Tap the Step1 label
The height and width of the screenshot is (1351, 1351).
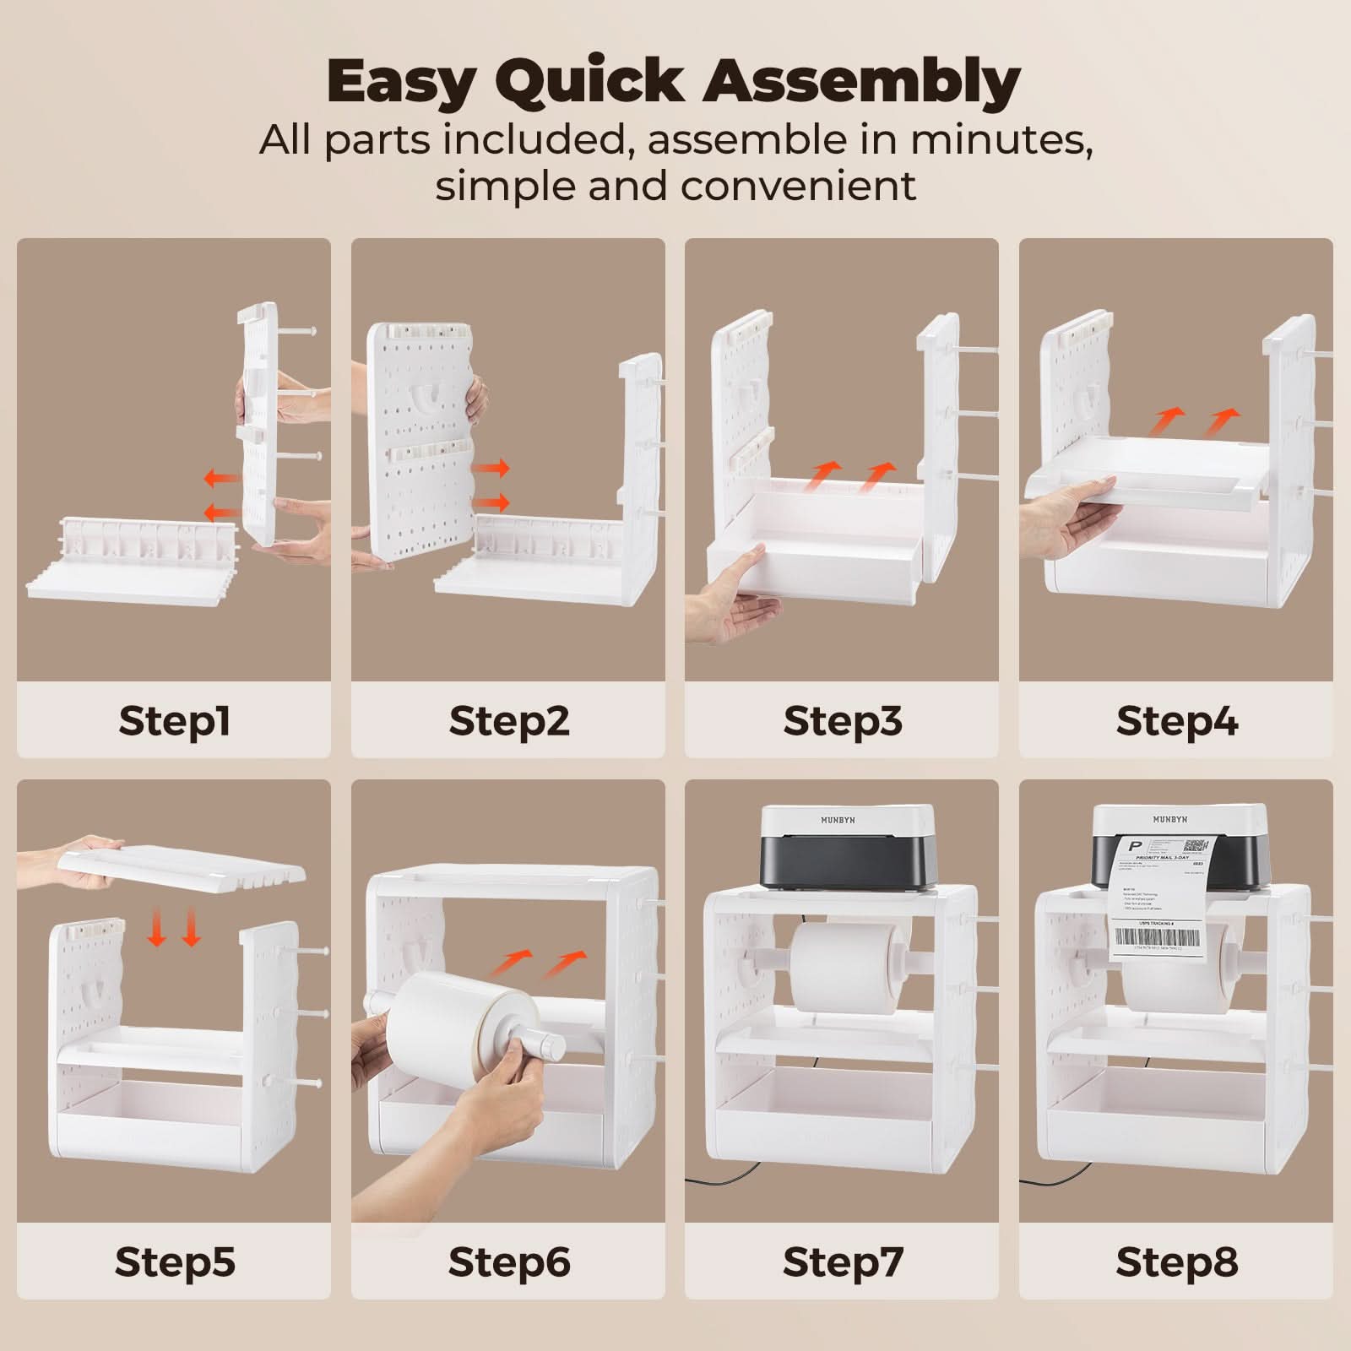click(174, 721)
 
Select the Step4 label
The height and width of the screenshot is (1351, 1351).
click(1176, 721)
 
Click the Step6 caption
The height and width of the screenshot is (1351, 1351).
click(508, 1261)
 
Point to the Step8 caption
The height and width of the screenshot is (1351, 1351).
click(1176, 1261)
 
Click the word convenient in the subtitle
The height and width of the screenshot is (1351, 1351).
click(798, 186)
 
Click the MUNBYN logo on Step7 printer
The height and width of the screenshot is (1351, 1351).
click(838, 820)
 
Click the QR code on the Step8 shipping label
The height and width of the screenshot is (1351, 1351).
click(1196, 847)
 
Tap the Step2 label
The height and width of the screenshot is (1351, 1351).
click(508, 721)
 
